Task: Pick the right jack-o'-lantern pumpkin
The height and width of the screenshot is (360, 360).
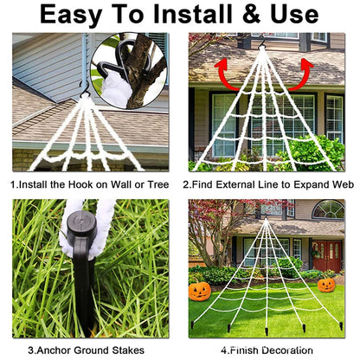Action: point(326,284)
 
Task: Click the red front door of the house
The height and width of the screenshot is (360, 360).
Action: point(328,256)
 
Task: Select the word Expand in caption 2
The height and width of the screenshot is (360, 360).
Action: point(303,185)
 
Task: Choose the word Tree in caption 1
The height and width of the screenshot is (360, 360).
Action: point(157,185)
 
